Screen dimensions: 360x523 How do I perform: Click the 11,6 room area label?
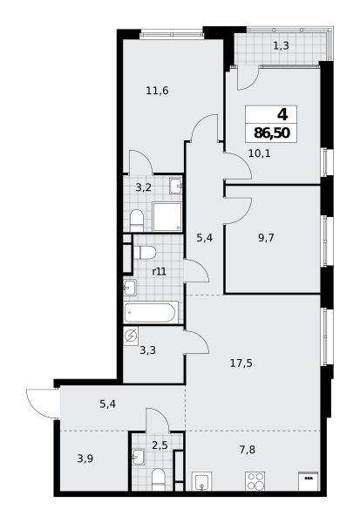(157, 91)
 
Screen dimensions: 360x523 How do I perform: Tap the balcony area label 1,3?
(281, 45)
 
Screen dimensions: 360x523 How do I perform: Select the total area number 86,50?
(272, 133)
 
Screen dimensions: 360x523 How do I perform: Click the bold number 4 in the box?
(282, 115)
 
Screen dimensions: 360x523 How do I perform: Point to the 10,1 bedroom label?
(259, 153)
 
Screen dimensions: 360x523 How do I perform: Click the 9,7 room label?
(266, 238)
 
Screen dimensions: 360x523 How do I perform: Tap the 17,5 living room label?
(241, 363)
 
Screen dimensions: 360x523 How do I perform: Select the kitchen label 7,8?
(248, 450)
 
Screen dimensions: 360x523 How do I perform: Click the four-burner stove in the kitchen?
(255, 481)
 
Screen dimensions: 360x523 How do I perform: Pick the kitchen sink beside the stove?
(201, 481)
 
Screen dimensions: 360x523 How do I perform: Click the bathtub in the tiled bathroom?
(151, 312)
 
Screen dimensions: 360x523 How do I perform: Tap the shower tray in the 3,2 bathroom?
(167, 216)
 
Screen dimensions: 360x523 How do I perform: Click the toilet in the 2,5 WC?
(158, 479)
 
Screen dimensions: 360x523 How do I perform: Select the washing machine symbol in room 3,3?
(131, 336)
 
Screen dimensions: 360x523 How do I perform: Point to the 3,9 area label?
(85, 459)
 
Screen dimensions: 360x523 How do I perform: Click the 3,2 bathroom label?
(144, 187)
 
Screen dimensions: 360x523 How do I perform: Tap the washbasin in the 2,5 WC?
(138, 457)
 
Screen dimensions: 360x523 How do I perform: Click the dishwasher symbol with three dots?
(309, 481)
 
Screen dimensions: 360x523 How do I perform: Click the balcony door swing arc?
(252, 84)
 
